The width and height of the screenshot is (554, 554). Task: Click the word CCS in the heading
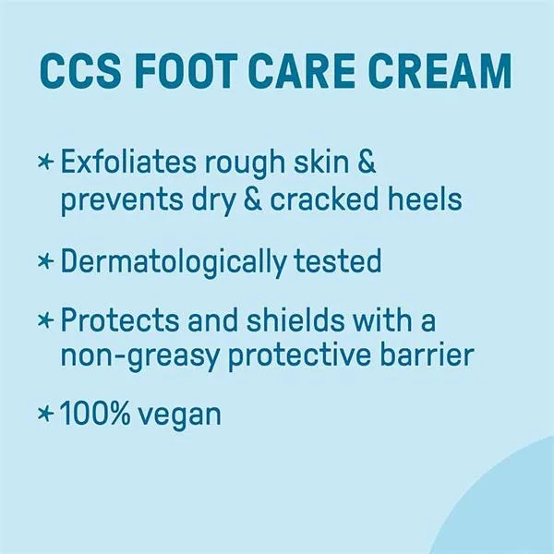coord(80,72)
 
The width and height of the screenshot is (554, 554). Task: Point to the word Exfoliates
coord(128,161)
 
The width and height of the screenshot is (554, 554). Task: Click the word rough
coord(246,164)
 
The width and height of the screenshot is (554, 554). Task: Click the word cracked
coord(324,199)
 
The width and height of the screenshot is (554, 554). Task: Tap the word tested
coord(338,261)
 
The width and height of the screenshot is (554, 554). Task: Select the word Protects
coord(120,320)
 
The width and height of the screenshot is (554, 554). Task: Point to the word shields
coord(295,319)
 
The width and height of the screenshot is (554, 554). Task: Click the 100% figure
coord(95,414)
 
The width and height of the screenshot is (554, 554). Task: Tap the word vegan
coord(179,417)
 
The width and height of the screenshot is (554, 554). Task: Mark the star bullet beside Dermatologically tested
coord(46,262)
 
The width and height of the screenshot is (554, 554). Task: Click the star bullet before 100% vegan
coord(46,414)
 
